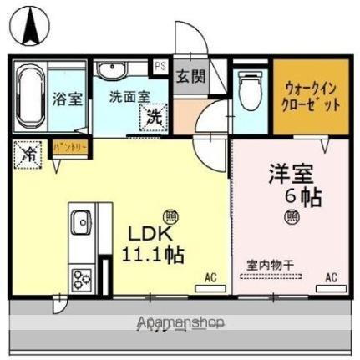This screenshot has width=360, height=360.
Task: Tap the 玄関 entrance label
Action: coord(189,78)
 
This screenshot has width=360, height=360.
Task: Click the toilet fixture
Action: coord(248,89)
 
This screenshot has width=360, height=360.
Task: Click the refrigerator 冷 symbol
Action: coord(28,154)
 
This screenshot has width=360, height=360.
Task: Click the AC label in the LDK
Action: coord(210,276)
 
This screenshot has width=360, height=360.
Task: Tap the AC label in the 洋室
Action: coord(330,276)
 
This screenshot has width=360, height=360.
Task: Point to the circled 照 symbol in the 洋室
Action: coord(292,218)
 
